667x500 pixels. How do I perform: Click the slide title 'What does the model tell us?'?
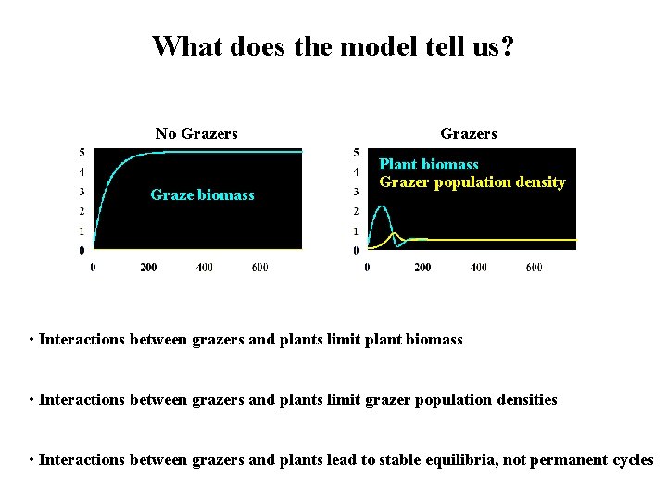pos(333,45)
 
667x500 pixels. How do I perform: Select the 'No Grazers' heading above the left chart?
pos(196,133)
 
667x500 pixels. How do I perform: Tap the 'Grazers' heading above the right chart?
pos(469,133)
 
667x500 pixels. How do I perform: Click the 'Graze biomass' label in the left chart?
pos(202,195)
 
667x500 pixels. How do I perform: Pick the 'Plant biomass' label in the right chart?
pos(429,165)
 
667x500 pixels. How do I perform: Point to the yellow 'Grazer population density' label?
pos(472,182)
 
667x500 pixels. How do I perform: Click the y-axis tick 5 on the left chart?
pos(82,152)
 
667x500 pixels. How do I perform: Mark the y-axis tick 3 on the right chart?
pos(356,193)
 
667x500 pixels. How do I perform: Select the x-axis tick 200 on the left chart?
pos(148,268)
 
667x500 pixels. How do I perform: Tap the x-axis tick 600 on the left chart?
pos(260,268)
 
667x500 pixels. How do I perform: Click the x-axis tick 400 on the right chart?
pos(478,268)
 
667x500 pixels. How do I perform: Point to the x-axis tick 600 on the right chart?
pos(535,268)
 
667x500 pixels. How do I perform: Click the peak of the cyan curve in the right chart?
pos(381,206)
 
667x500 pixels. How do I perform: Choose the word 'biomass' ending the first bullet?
pos(434,340)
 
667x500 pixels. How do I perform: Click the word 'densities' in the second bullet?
pos(527,400)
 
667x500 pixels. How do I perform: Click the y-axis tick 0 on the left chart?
pos(82,250)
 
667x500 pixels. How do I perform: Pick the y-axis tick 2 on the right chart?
pos(356,212)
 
